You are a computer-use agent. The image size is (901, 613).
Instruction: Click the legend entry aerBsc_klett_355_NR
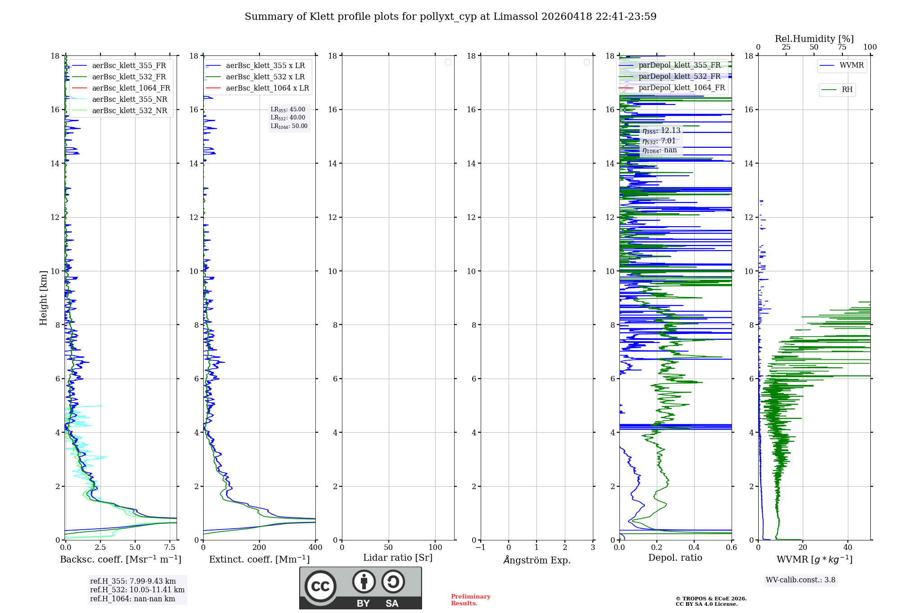click(129, 100)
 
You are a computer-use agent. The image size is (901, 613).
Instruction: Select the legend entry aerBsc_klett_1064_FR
click(131, 88)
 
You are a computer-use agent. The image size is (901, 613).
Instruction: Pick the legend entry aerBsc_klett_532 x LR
click(265, 77)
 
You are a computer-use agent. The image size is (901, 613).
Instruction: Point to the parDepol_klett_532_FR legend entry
click(679, 77)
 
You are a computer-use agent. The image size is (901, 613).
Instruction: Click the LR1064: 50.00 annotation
click(289, 126)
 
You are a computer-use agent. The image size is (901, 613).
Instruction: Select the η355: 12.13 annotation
click(661, 131)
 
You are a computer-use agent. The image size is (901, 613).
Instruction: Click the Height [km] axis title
click(43, 298)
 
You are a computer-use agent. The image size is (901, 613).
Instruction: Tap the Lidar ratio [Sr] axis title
click(398, 558)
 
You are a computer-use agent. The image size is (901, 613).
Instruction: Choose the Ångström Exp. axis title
click(537, 560)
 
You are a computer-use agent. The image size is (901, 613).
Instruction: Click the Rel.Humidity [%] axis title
click(814, 39)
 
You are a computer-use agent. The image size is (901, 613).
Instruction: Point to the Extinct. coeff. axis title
click(259, 559)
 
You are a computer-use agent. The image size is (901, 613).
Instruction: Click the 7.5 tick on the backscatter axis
click(170, 548)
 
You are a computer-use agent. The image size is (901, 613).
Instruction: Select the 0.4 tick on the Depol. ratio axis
click(694, 548)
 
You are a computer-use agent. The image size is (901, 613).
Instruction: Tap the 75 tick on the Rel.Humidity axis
click(842, 47)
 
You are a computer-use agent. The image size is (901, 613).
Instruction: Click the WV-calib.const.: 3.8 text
click(801, 580)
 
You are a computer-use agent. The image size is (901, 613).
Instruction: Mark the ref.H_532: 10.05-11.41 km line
click(137, 590)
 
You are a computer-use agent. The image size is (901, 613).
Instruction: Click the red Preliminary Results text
click(470, 600)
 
